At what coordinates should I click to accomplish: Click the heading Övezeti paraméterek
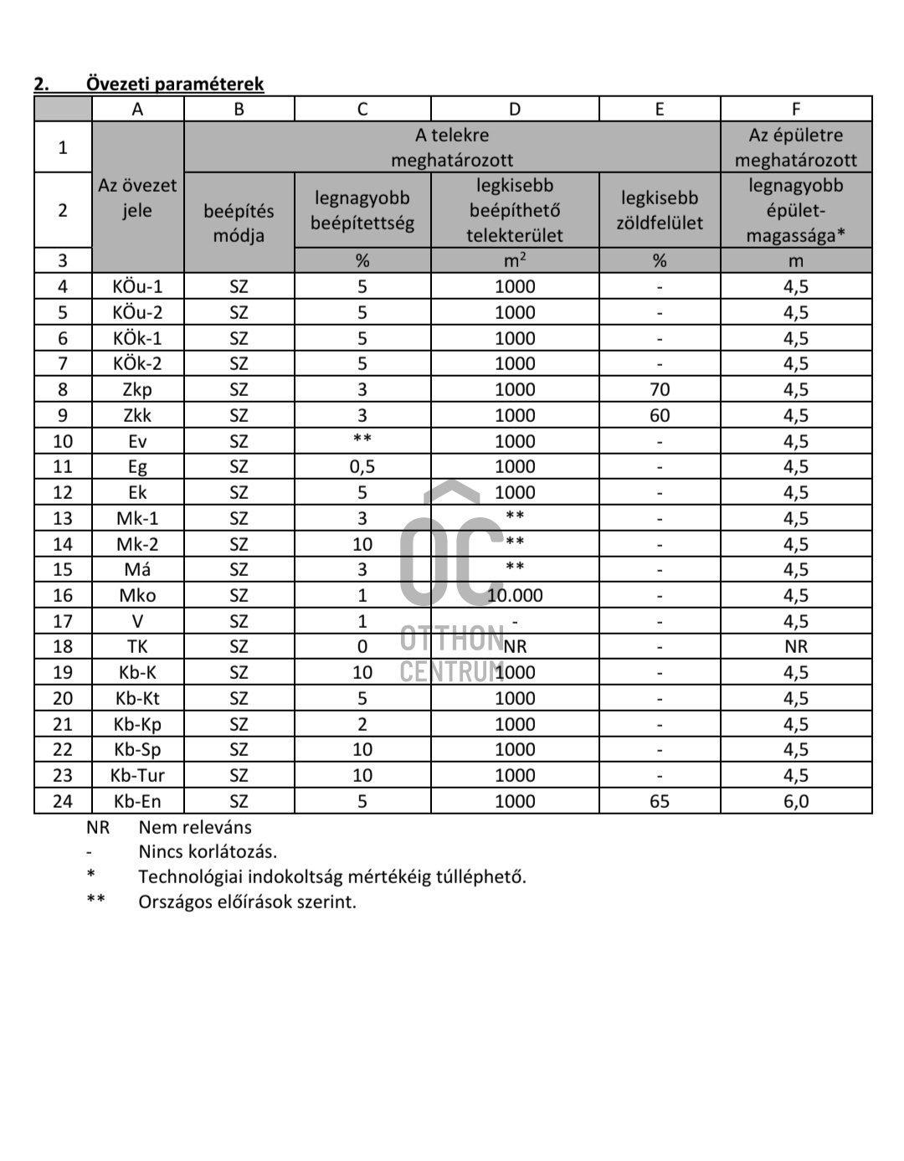coord(174,84)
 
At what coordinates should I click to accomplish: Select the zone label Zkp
coord(137,389)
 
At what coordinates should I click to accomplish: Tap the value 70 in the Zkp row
coord(660,389)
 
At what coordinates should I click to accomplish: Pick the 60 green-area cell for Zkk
coord(660,415)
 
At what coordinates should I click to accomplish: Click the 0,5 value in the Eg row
coord(362,466)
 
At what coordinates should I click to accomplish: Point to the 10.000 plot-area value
coord(515,595)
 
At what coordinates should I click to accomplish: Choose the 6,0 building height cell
coord(796,801)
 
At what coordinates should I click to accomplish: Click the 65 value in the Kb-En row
coord(660,801)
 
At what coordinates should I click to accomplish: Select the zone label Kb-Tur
coord(137,775)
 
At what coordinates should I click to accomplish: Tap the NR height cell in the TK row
coord(796,646)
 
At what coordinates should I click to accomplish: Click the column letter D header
coord(515,109)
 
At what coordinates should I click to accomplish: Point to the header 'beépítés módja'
coord(239,223)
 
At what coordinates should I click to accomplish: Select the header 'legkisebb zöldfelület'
coord(660,210)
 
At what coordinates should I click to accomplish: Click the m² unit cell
coord(515,260)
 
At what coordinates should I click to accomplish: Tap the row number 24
coord(63,801)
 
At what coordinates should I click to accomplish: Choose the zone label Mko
coord(137,595)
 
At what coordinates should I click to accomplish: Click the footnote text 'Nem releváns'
coord(195,827)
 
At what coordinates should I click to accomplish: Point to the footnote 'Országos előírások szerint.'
coord(247,902)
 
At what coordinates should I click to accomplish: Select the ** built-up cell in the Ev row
coord(362,440)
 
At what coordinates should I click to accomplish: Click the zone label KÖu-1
coord(137,286)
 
